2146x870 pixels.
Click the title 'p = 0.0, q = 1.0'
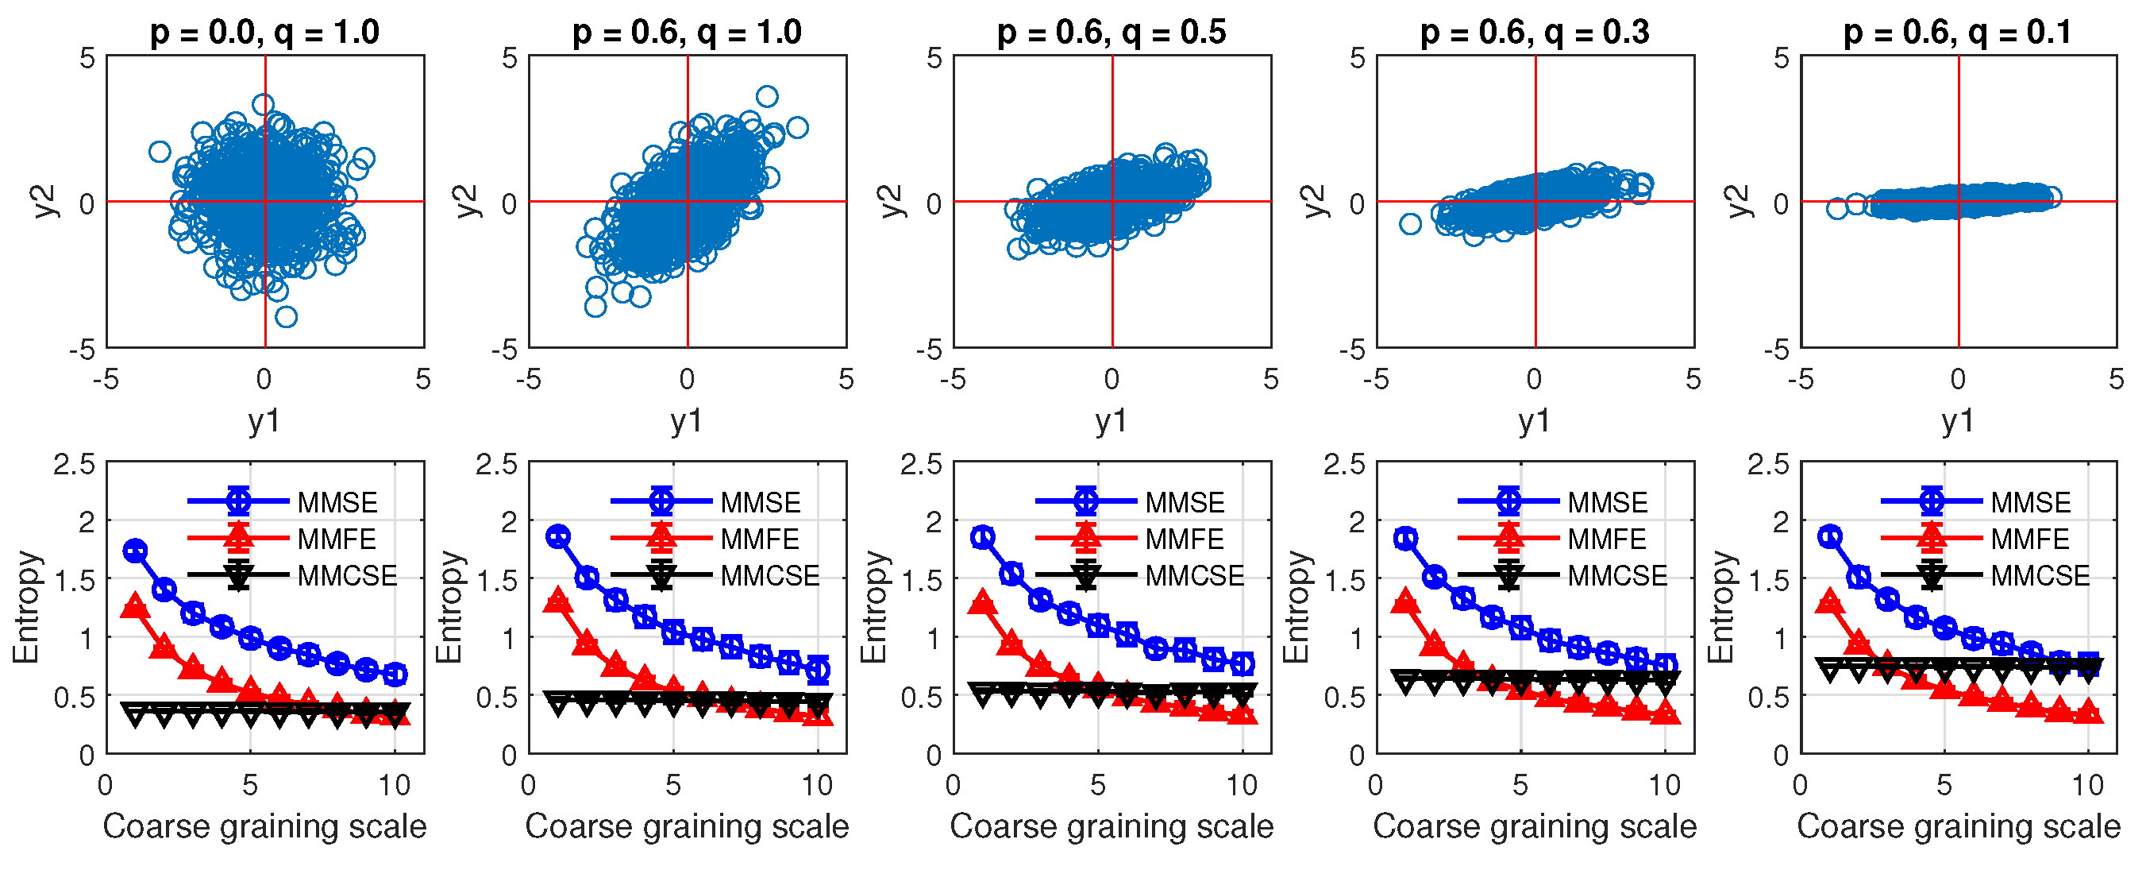click(264, 32)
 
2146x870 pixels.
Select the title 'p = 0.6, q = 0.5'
click(1112, 32)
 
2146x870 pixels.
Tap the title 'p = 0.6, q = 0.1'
click(1958, 32)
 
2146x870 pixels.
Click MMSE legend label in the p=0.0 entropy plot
click(337, 502)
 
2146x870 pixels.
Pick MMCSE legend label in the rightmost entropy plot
click(2040, 575)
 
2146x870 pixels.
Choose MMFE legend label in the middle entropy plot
click(1184, 539)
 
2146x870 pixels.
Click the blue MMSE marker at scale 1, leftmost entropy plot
click(135, 550)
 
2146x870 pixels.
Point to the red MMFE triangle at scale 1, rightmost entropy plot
click(1829, 601)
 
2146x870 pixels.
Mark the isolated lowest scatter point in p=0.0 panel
click(286, 317)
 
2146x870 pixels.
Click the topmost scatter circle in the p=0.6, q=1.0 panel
click(766, 97)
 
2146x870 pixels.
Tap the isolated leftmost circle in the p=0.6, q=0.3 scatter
click(1409, 223)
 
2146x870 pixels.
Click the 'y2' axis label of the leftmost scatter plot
click(48, 202)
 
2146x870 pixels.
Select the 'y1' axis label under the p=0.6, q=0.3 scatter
click(1535, 421)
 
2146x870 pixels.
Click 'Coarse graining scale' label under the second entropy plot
click(687, 826)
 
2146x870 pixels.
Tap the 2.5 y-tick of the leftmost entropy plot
click(74, 464)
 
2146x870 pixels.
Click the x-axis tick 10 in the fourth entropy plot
click(1665, 785)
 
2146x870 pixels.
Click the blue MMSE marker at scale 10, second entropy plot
click(818, 668)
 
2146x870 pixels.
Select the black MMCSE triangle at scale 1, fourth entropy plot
click(1405, 681)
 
